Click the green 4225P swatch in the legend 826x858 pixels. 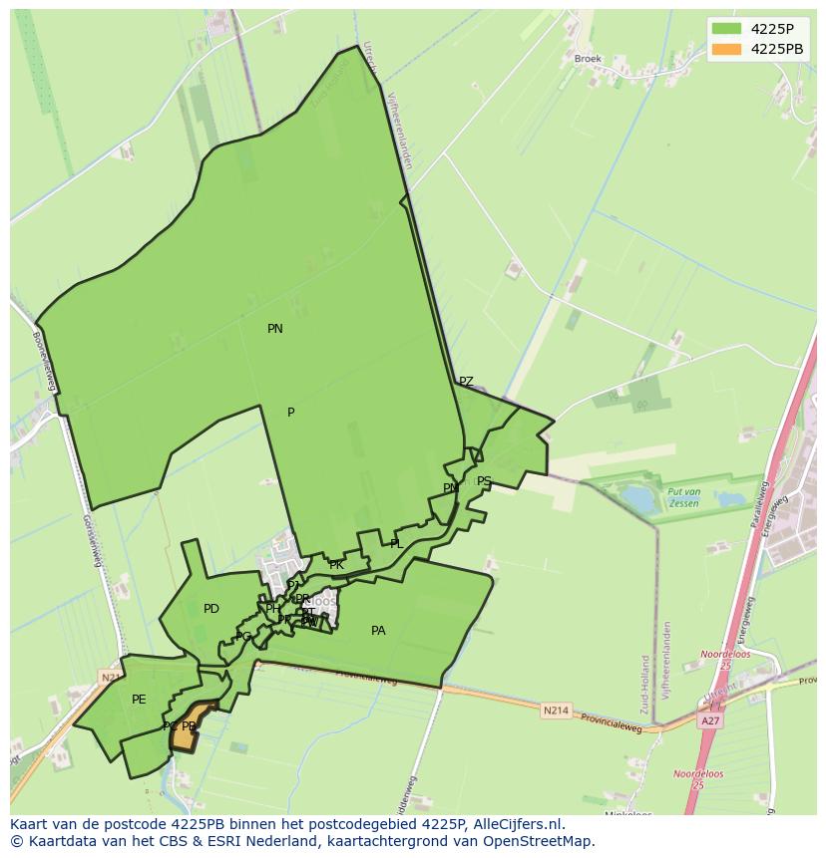pos(726,28)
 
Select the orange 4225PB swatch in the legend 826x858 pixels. pos(726,49)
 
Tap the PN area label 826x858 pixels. pos(275,329)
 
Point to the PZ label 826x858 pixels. pos(466,382)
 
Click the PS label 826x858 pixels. pos(484,481)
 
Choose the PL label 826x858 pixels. pos(396,544)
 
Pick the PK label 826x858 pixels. pos(336,565)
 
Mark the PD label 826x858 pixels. pos(211,609)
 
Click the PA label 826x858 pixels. pos(378,631)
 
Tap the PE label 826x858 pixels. pos(139,700)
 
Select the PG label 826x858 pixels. pos(243,637)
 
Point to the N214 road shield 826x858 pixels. pos(556,711)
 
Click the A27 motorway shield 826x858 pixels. pos(710,720)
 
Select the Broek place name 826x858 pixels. pos(588,59)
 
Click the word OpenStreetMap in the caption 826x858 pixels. pos(543,841)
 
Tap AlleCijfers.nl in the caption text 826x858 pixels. pos(515,824)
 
